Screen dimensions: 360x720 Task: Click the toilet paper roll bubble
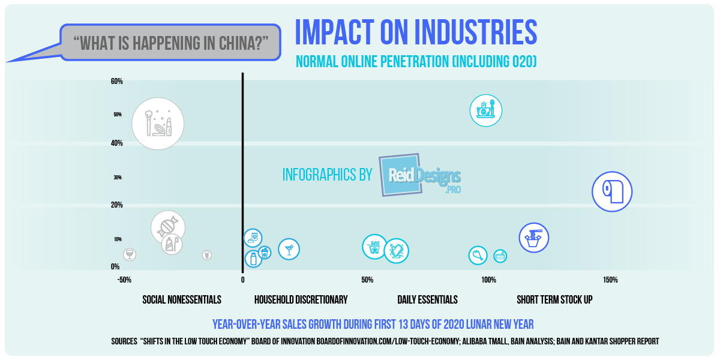(612, 191)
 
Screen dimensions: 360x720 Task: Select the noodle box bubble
(533, 238)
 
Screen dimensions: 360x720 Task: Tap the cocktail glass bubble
(289, 249)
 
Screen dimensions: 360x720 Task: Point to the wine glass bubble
(130, 254)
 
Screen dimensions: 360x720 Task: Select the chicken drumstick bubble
(478, 256)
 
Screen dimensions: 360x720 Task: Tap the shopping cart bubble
(374, 247)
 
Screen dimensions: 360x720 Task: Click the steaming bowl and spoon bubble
(485, 110)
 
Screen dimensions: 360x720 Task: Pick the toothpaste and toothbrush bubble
(172, 244)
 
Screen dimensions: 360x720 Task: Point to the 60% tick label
(116, 81)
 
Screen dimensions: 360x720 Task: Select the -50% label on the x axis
(124, 280)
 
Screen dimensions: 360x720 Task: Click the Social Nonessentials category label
(182, 299)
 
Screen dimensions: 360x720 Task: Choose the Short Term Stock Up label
(554, 299)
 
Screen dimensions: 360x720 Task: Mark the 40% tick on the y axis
(116, 143)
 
